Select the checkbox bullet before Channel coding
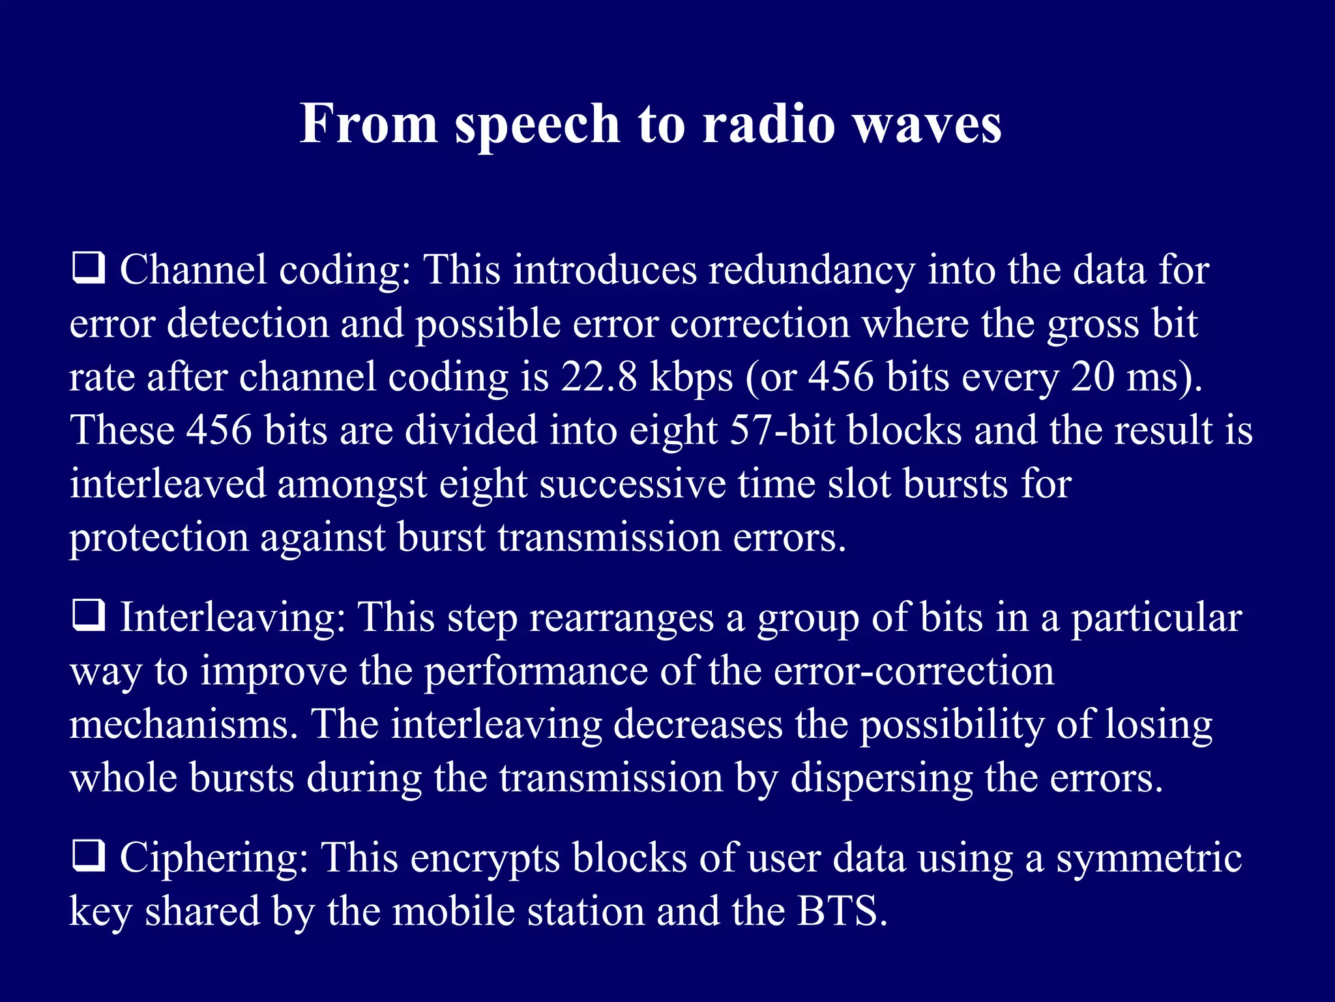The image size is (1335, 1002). pyautogui.click(x=88, y=269)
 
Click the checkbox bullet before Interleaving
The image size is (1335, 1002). pyautogui.click(x=88, y=616)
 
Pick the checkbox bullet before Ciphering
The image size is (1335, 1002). pyautogui.click(x=88, y=857)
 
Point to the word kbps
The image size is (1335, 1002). pyautogui.click(x=691, y=378)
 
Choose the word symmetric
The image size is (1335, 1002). pyautogui.click(x=1149, y=858)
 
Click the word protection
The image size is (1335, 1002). pyautogui.click(x=159, y=539)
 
